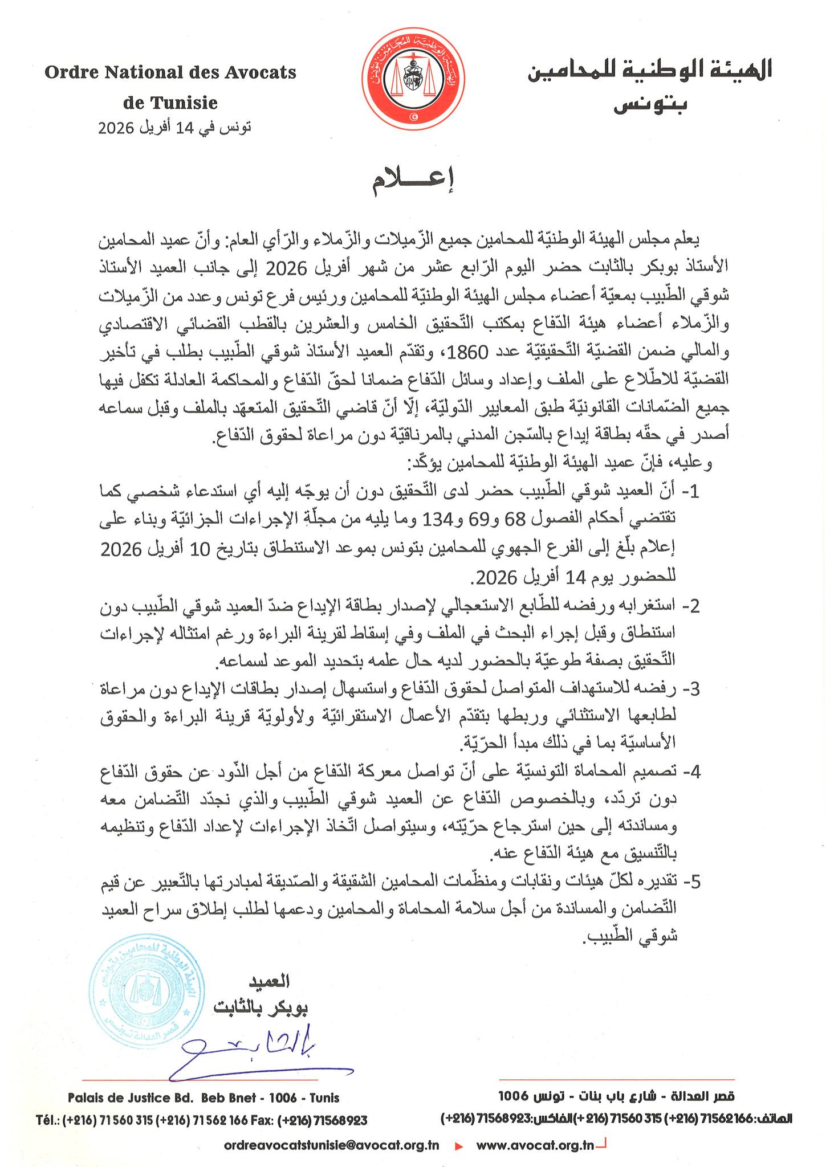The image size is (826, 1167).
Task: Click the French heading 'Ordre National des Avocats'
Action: point(170,73)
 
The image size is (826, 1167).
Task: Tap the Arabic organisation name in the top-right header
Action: point(650,70)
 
